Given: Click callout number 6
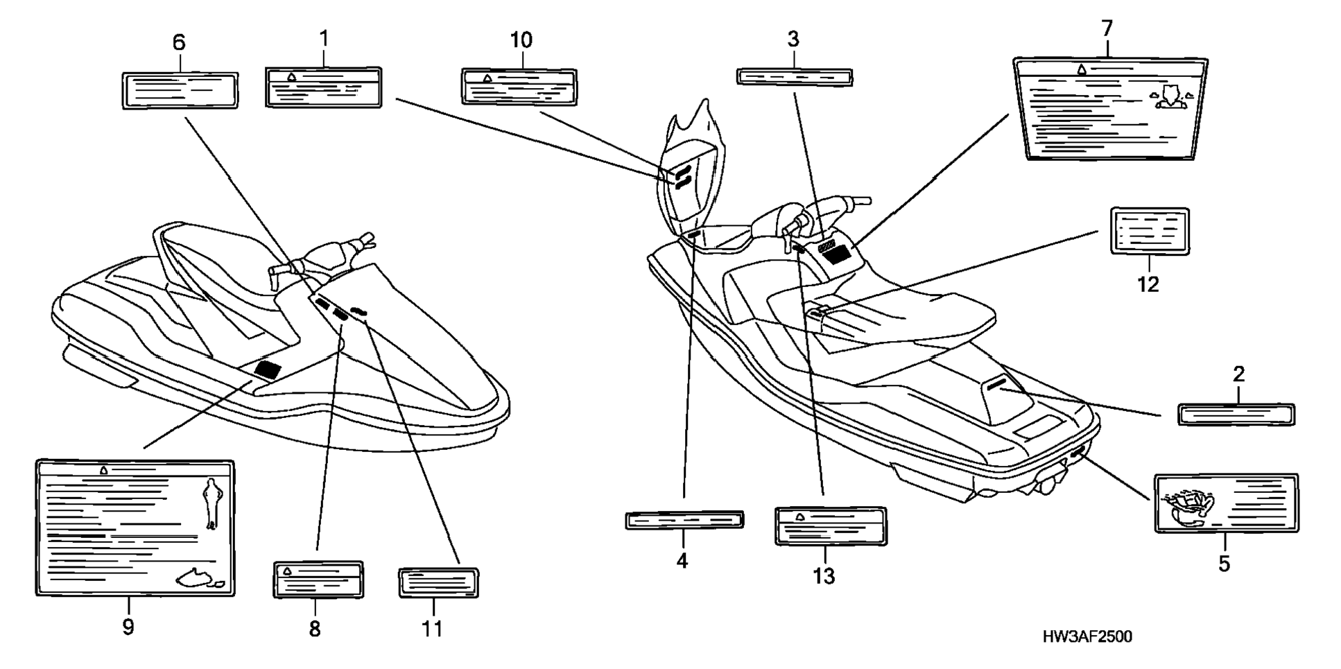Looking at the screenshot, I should (x=179, y=43).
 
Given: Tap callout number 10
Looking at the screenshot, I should (x=521, y=40).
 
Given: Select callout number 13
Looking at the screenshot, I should (x=824, y=575).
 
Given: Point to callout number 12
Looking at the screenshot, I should (x=1148, y=284).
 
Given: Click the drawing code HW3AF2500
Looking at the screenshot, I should (x=1087, y=636).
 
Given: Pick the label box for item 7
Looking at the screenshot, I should (x=1109, y=108).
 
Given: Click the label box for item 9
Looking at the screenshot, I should (x=135, y=527).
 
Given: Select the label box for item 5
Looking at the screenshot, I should (x=1225, y=503).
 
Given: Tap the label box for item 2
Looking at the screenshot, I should (x=1236, y=415).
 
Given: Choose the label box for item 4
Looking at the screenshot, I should (x=684, y=520).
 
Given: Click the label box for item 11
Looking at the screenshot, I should (x=438, y=582).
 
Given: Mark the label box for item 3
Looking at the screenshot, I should (x=794, y=76).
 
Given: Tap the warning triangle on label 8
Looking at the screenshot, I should (x=286, y=571).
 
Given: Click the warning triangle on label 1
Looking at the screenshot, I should (x=292, y=76).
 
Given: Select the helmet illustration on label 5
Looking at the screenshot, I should (x=1187, y=510).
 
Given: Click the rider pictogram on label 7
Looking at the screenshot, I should (x=1172, y=97).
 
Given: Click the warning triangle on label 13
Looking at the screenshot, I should (x=799, y=516).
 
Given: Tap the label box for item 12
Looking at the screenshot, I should (x=1150, y=231).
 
